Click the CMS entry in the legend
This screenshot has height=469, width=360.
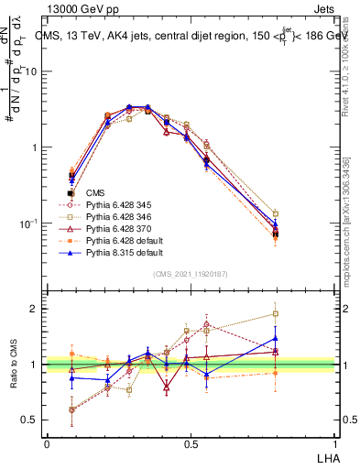click(95, 193)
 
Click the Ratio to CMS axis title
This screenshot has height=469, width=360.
click(13, 365)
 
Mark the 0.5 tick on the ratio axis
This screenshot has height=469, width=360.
click(29, 420)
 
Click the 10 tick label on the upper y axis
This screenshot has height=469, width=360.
click(30, 71)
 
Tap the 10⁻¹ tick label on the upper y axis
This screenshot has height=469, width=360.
click(28, 224)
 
